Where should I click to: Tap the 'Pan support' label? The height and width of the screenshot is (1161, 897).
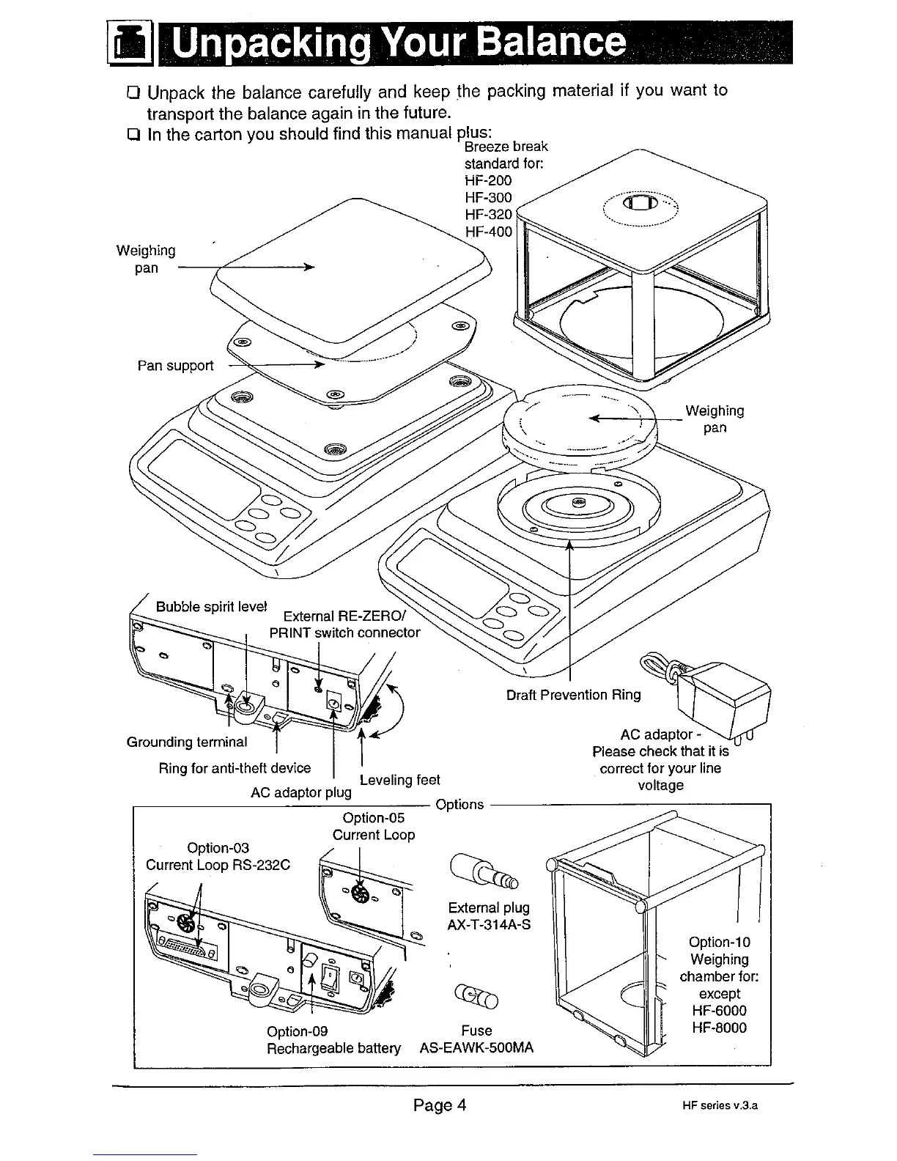[175, 365]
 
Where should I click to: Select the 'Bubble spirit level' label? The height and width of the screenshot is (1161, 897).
[211, 608]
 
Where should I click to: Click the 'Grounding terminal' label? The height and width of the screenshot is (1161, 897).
[187, 742]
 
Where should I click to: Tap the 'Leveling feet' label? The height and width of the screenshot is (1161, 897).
[399, 779]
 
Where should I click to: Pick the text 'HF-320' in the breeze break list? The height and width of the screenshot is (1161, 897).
[488, 215]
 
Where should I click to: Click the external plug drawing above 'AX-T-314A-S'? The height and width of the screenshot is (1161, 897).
[484, 869]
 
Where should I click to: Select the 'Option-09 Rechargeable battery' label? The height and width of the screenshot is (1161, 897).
[333, 1039]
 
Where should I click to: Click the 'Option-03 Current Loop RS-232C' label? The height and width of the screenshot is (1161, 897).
[218, 856]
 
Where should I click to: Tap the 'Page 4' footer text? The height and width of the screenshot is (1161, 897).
[440, 1105]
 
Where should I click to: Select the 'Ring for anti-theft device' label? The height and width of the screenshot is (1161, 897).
[235, 768]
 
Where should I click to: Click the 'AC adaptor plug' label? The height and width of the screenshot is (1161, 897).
[301, 792]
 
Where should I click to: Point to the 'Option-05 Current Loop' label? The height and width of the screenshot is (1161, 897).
[374, 826]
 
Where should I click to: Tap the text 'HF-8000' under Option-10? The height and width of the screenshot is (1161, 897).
[719, 1028]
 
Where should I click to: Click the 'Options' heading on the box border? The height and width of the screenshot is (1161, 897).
[459, 804]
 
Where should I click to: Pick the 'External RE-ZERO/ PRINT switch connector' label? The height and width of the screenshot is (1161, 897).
[344, 624]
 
